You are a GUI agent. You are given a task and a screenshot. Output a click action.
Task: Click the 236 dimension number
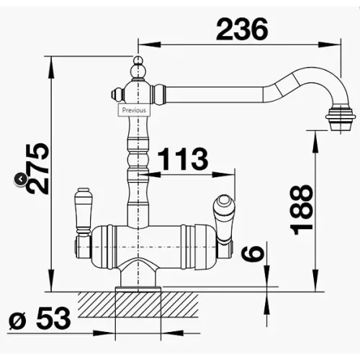click(242, 30)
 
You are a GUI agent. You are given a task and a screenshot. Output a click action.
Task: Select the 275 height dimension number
click(38, 168)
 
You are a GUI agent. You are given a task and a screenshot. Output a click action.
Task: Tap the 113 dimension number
click(183, 158)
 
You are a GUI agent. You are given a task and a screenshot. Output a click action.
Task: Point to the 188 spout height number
click(302, 210)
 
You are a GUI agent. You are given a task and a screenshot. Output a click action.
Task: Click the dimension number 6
click(253, 253)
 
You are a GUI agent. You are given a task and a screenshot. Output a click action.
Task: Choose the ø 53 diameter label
click(40, 318)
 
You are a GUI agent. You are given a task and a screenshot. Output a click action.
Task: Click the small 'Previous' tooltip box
click(134, 110)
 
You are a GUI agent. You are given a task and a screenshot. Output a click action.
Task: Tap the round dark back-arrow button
click(21, 179)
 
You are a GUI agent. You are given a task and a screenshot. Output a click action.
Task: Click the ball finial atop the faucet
click(138, 68)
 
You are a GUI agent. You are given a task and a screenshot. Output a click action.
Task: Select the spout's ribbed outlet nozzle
click(341, 119)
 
